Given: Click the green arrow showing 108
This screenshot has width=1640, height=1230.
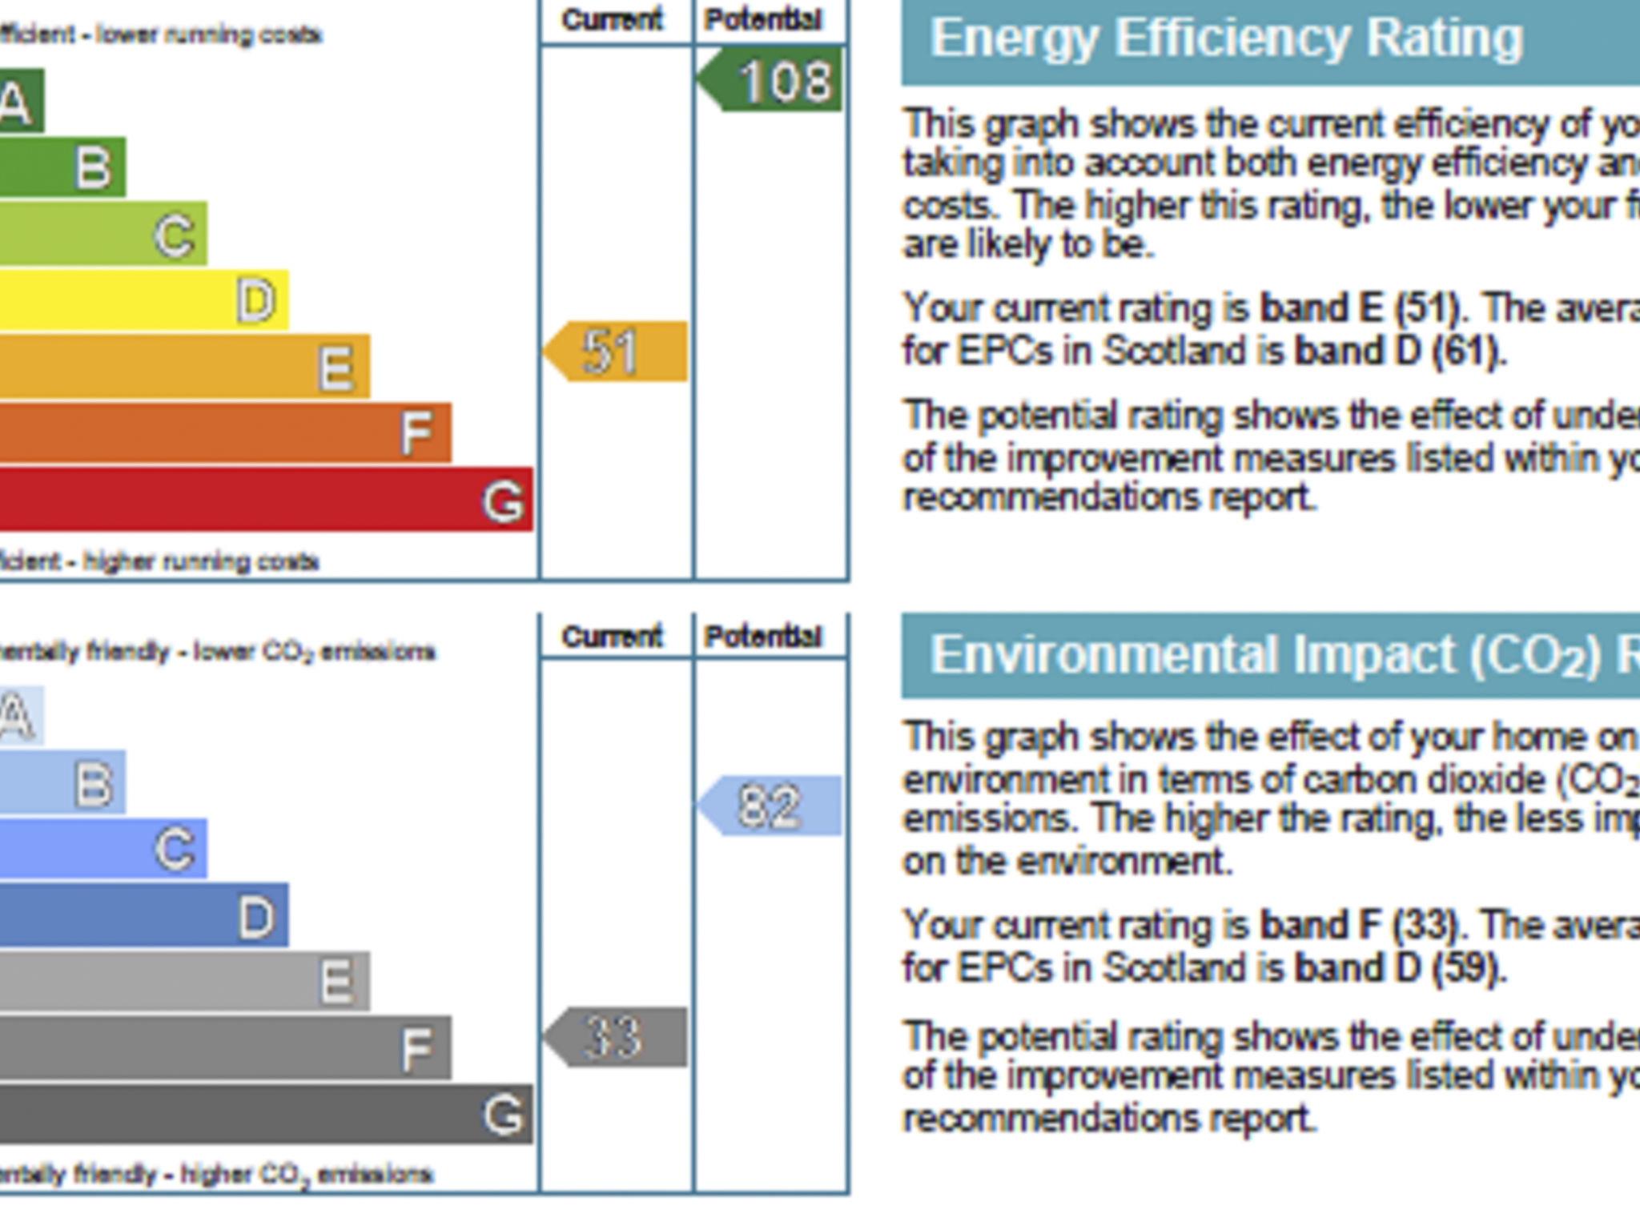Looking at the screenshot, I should click(772, 80).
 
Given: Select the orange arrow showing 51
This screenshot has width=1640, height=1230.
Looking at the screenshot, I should click(617, 351).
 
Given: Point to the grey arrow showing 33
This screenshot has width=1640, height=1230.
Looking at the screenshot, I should click(617, 1037).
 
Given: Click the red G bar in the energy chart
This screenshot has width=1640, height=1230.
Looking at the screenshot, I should click(264, 500).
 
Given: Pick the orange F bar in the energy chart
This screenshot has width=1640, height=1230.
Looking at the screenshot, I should click(224, 432).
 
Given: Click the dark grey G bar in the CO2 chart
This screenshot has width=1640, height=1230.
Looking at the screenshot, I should click(264, 1114).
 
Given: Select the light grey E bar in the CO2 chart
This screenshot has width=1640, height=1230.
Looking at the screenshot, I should click(184, 981).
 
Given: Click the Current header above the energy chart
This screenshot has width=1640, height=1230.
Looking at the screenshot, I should click(613, 20).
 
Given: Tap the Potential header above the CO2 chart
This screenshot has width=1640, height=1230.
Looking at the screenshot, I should click(763, 637).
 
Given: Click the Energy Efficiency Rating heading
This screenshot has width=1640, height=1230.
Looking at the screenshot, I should click(1226, 38).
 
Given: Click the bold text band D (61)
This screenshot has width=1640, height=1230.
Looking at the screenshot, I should click(1397, 351).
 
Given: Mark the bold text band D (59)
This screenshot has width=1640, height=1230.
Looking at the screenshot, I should click(1397, 968).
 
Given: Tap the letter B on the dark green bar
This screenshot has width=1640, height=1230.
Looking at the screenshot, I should click(94, 168).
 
